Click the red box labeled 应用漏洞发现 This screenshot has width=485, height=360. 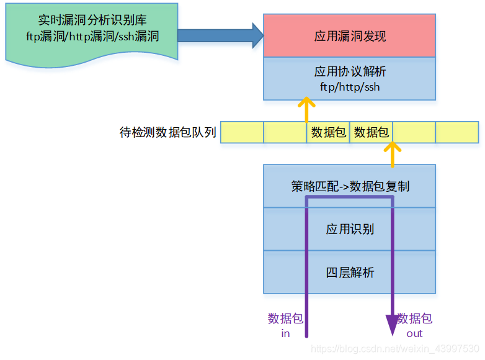pos(349,36)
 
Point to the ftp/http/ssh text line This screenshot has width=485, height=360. pos(350,87)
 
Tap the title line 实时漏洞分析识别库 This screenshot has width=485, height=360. pos(92,20)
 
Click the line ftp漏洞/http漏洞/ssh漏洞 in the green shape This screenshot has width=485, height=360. pos(92,36)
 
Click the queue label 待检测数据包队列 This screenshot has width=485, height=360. pos(167,132)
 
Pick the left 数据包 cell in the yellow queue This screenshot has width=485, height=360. pos(328,132)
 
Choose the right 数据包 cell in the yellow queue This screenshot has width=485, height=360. pos(371,132)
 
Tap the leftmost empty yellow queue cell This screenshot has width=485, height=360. pos(242,132)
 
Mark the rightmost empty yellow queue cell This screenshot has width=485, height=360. pos(456,132)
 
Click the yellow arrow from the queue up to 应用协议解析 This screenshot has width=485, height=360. pos(306,110)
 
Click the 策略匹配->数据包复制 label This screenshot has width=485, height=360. pos(350,186)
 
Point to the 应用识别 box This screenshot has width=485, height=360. pos(350,229)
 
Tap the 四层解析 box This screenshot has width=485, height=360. pos(350,272)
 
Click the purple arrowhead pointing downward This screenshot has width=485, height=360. pos(393,325)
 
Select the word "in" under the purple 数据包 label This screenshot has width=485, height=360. pos(285,333)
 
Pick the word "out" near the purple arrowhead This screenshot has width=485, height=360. pos(414,333)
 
